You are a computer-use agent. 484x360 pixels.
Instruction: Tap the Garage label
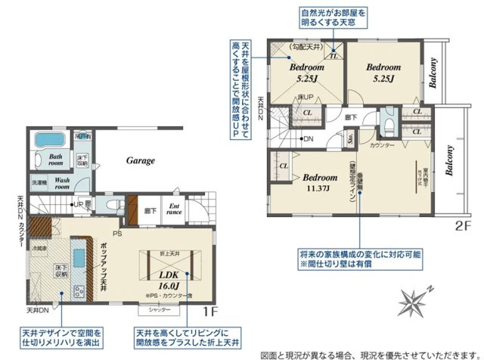(140, 160)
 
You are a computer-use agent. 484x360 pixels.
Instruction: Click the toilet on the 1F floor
(113, 203)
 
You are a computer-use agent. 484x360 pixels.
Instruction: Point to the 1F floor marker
(212, 311)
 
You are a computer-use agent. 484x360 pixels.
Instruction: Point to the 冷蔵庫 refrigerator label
(38, 248)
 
